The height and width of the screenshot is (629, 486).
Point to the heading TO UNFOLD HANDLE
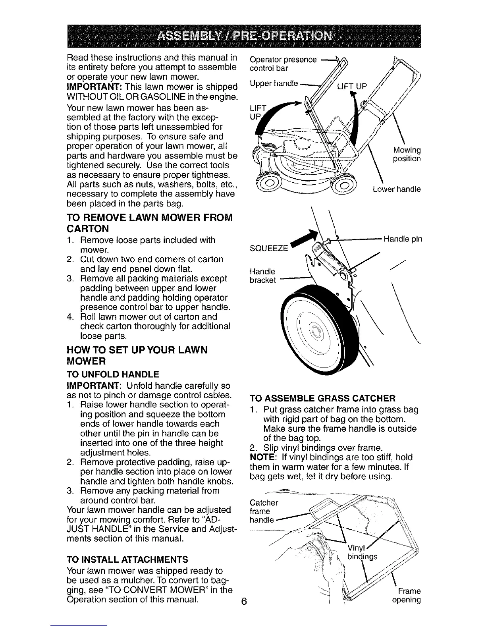(112, 374)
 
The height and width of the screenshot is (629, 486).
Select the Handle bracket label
(262, 276)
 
